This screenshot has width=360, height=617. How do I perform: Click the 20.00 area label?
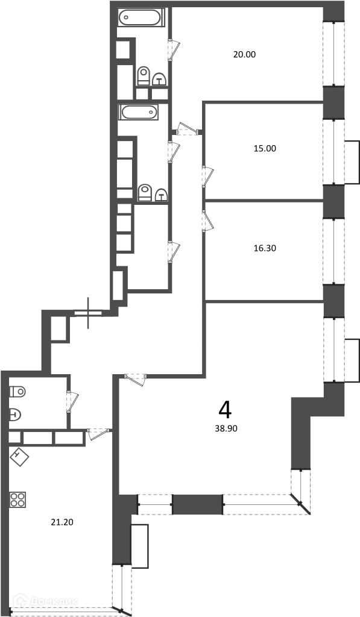pyautogui.click(x=244, y=55)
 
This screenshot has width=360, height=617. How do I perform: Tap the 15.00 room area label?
pyautogui.click(x=265, y=149)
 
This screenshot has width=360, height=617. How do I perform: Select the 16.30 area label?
pyautogui.click(x=265, y=248)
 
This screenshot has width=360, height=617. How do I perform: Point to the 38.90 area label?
pyautogui.click(x=226, y=428)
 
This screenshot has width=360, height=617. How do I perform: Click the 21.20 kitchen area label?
pyautogui.click(x=62, y=522)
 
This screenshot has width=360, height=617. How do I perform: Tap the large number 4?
pyautogui.click(x=225, y=410)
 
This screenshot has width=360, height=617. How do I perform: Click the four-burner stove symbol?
pyautogui.click(x=17, y=500)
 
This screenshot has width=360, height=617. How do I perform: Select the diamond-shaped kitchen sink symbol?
pyautogui.click(x=19, y=457)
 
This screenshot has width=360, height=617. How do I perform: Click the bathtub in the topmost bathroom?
pyautogui.click(x=140, y=17)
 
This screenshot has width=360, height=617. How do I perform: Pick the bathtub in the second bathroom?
pyautogui.click(x=139, y=112)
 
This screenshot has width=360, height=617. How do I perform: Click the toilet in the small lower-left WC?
pyautogui.click(x=17, y=392)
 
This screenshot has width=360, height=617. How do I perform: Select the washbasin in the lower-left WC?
pyautogui.click(x=15, y=415)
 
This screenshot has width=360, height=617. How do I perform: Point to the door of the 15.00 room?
pyautogui.click(x=207, y=177)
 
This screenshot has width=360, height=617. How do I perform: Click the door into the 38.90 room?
pyautogui.click(x=136, y=380)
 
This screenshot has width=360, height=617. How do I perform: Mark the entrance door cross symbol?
pyautogui.click(x=88, y=313)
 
